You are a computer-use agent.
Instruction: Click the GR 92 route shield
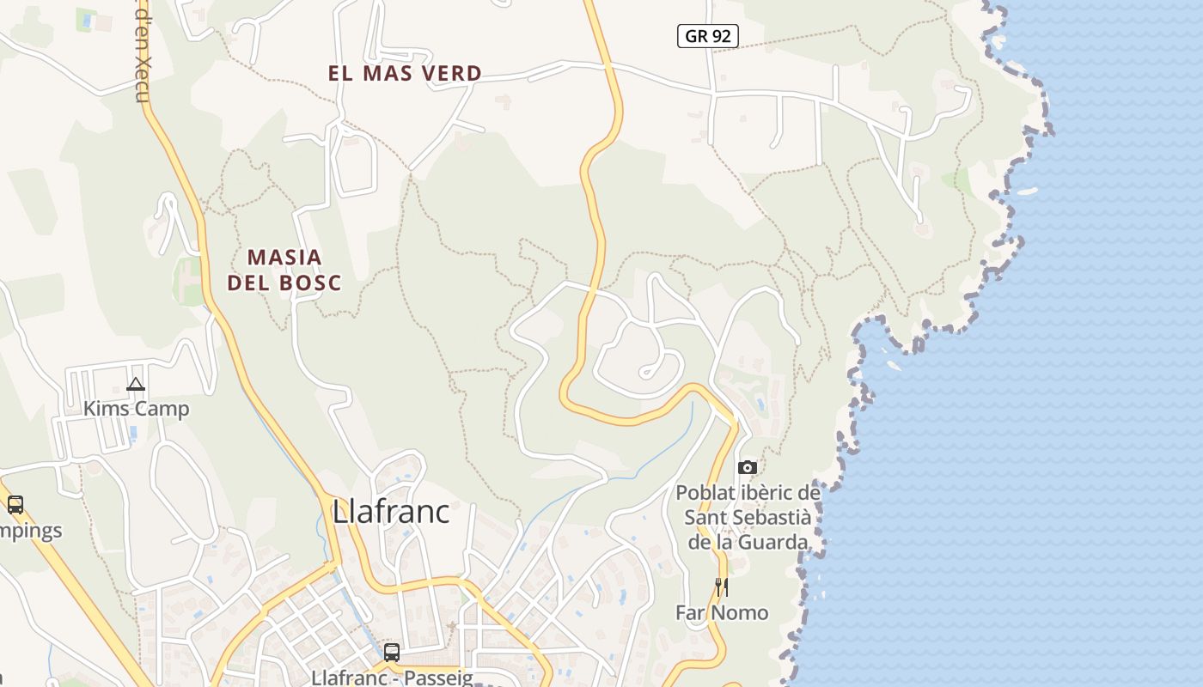(708, 36)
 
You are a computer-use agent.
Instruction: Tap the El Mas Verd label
(405, 74)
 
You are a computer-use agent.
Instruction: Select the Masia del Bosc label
(284, 270)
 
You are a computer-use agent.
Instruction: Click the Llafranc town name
(391, 512)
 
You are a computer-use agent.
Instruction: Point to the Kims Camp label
(136, 409)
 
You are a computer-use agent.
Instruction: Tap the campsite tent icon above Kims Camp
(136, 384)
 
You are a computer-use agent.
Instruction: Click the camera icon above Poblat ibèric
(748, 467)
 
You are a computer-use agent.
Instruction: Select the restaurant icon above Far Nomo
(722, 587)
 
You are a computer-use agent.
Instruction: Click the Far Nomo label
(722, 612)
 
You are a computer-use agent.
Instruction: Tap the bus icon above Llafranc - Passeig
(392, 652)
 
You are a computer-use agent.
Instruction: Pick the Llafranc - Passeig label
(392, 678)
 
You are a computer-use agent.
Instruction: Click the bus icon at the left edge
(15, 505)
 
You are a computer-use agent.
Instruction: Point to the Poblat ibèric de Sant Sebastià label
(748, 517)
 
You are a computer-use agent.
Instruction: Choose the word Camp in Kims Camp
(162, 409)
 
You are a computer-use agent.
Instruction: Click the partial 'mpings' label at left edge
(31, 531)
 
